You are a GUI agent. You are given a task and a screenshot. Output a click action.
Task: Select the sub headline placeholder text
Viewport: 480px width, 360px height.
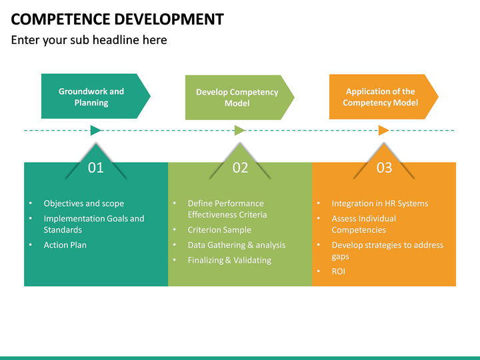coord(89,40)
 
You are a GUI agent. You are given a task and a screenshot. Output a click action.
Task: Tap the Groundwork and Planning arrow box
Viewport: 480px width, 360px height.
coord(92,97)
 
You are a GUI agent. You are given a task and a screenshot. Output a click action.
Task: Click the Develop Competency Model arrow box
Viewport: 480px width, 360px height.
coord(237,97)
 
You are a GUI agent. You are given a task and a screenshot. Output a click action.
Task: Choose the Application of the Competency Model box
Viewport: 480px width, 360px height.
coord(380,97)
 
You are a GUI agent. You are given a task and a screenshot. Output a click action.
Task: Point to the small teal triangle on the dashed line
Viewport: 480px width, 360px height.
coord(96,130)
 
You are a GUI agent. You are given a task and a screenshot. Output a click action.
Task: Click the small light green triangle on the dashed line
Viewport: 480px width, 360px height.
coord(240,130)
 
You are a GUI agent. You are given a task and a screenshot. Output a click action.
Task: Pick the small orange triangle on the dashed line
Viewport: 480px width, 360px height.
coord(383,130)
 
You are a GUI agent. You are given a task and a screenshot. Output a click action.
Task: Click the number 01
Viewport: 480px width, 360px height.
coord(96,167)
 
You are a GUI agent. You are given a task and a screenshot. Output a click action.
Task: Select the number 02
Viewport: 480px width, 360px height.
coord(240,167)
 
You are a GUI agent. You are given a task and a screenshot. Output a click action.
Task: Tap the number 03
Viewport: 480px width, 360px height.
coord(384,167)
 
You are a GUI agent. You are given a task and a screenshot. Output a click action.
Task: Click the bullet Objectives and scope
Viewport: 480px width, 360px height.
coord(83,203)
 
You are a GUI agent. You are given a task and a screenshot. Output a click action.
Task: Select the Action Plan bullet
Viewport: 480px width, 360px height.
coord(65,245)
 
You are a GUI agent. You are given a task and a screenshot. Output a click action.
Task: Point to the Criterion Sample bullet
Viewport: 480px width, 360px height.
coord(219,229)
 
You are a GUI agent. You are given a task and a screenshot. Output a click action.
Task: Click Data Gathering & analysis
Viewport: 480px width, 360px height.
coord(236,245)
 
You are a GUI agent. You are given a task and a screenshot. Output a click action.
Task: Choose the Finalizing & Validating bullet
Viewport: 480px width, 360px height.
coord(229,260)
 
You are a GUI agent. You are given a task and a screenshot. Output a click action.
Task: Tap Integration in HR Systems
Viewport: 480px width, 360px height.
coord(379,203)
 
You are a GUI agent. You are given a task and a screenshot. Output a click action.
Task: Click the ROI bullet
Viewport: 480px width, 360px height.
coord(338,271)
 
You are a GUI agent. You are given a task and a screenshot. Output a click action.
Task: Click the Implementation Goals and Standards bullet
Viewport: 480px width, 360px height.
coord(93,223)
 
